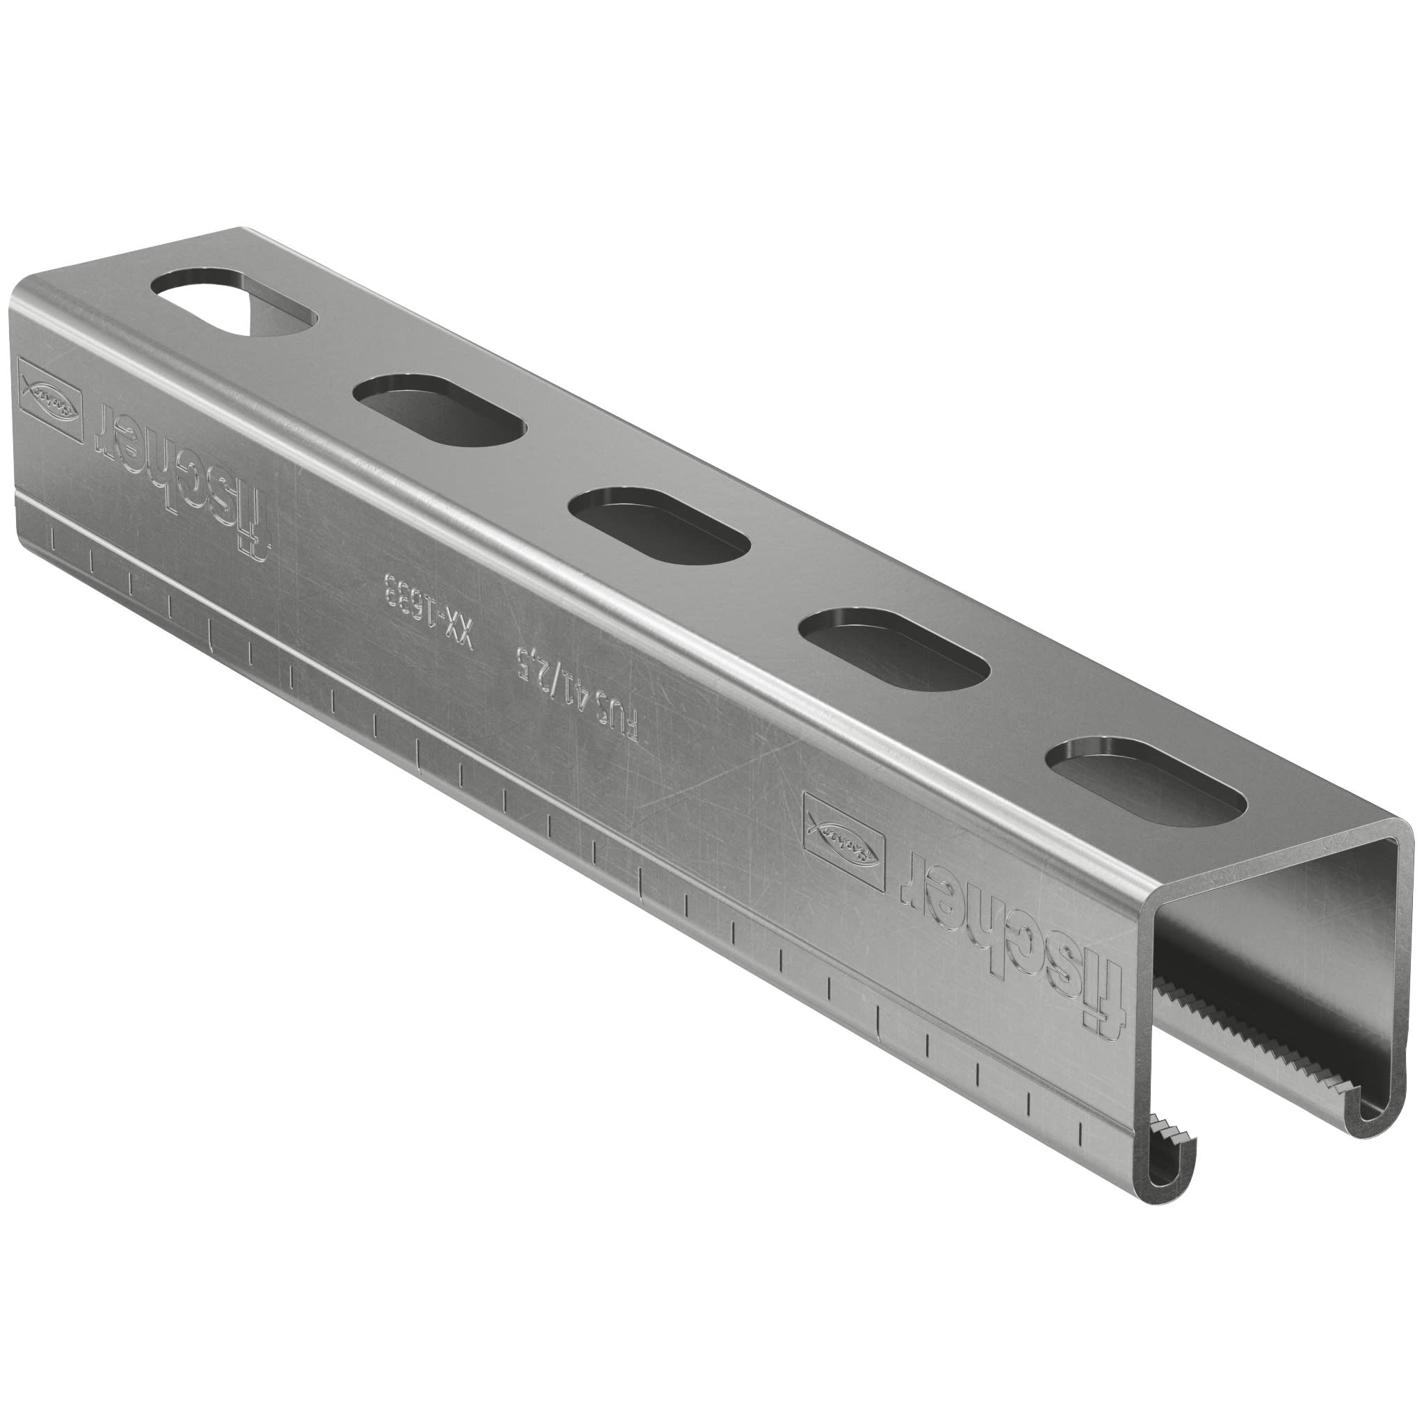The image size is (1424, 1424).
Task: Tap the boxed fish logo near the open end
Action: (x=845, y=839)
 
